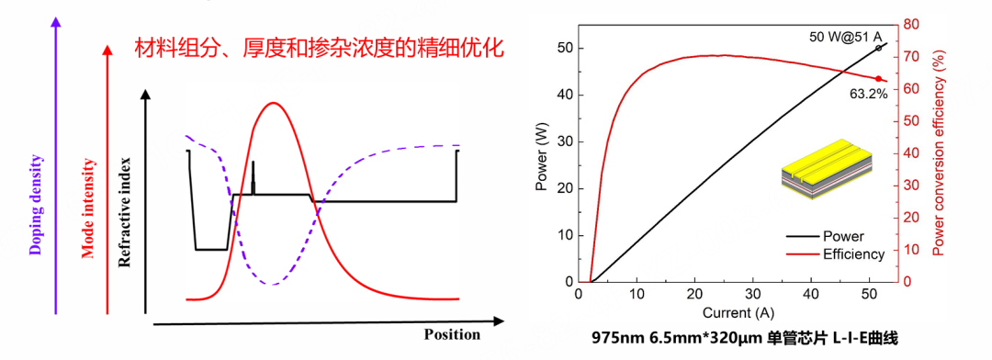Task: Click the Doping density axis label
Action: [36, 204]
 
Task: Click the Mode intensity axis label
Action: [89, 208]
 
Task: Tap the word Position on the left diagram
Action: [452, 333]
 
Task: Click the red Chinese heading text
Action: [319, 48]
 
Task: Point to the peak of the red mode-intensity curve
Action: [272, 103]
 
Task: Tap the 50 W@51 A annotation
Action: [846, 37]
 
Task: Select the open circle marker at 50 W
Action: [878, 48]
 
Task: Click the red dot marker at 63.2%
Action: [878, 79]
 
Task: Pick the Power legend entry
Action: [843, 237]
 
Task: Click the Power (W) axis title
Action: [543, 162]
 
